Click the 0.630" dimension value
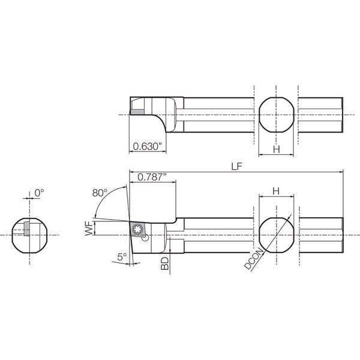pos(147,146)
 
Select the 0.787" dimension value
pos(152,177)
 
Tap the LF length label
pos(237,167)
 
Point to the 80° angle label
pos(100,193)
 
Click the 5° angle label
pos(122,257)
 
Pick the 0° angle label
pos(39,193)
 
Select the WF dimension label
pos(89,229)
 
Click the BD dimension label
pos(164,263)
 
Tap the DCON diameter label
pos(254,258)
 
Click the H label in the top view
pos(277,149)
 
